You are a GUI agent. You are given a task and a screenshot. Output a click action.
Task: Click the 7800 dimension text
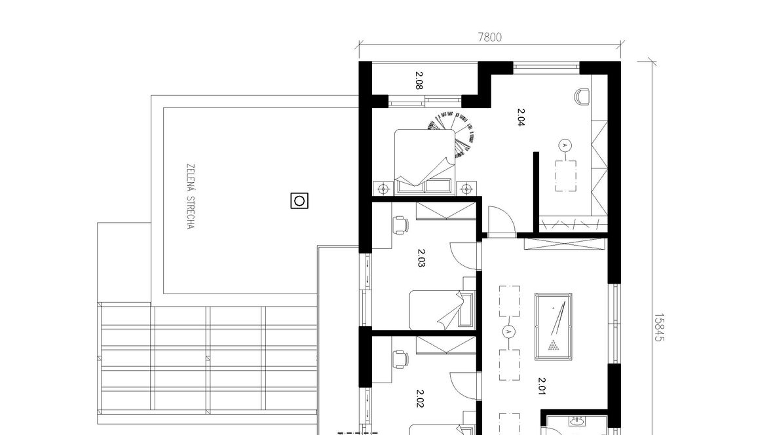click(x=489, y=37)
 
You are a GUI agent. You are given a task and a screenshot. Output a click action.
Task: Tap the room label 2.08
click(x=419, y=81)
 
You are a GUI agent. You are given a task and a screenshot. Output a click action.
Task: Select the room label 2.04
click(x=521, y=117)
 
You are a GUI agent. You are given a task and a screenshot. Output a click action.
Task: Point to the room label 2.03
click(x=421, y=258)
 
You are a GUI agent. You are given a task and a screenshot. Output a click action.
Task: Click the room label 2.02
click(x=420, y=398)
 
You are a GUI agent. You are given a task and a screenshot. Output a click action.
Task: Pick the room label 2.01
click(x=542, y=386)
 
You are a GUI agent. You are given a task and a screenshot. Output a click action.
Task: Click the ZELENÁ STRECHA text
click(x=191, y=197)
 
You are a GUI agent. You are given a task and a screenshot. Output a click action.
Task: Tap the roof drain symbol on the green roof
click(x=299, y=200)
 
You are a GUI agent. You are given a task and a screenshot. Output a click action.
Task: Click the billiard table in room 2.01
click(x=554, y=326)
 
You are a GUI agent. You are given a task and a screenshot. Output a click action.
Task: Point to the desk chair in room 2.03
click(x=400, y=225)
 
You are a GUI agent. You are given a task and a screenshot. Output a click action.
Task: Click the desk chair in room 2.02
click(x=400, y=358)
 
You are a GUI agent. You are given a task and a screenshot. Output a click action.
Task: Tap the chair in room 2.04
click(x=583, y=96)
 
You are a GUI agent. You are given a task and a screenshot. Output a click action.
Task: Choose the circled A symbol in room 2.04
click(x=565, y=145)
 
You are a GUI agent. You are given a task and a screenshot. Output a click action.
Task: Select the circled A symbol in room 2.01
click(x=509, y=331)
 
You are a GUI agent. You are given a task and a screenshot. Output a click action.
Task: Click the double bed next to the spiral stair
click(x=424, y=161)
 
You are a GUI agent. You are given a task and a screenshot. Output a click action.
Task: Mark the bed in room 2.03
click(x=442, y=311)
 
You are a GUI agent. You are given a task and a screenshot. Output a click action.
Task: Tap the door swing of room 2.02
click(x=463, y=386)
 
